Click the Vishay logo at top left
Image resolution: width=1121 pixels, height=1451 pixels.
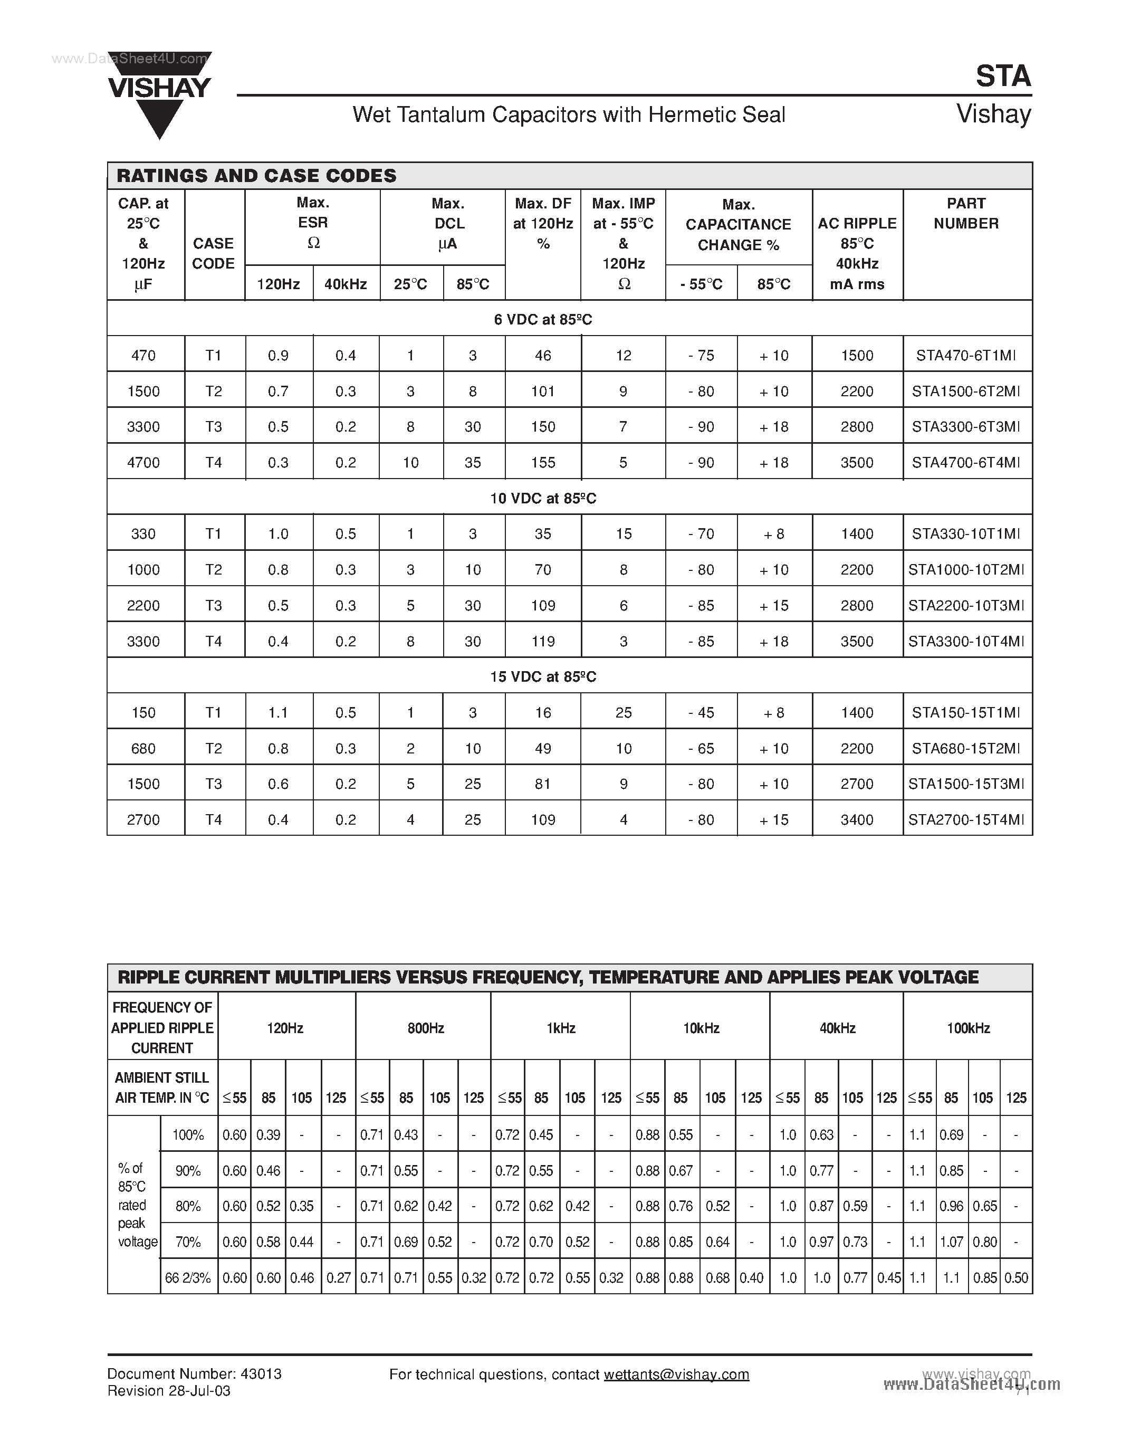[x=159, y=93]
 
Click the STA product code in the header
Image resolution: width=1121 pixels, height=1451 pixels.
[x=1003, y=77]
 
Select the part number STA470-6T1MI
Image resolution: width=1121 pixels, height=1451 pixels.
[x=966, y=356]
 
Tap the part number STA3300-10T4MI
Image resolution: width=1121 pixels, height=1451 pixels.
[x=966, y=641]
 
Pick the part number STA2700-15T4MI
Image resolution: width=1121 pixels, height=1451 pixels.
[x=966, y=820]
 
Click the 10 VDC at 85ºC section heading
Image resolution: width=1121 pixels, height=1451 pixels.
[x=543, y=498]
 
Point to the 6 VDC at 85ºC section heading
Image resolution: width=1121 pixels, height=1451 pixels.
[x=543, y=320]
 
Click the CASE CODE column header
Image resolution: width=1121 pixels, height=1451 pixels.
[x=213, y=253]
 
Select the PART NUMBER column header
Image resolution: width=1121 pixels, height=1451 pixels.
[x=966, y=213]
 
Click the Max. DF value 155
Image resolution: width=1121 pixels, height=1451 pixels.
[x=543, y=462]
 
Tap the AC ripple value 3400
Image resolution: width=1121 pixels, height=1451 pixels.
[x=857, y=820]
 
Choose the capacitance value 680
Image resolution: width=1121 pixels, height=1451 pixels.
[x=143, y=749]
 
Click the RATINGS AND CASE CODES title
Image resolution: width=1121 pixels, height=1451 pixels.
[x=256, y=176]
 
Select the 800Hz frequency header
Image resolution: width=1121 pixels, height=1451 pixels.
[x=426, y=1028]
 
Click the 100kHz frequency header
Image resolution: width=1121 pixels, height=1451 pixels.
[x=967, y=1028]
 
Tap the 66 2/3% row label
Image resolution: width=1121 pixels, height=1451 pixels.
[x=188, y=1277]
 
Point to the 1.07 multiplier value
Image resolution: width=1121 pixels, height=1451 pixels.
[x=951, y=1242]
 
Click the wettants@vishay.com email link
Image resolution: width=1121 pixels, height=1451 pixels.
[x=676, y=1374]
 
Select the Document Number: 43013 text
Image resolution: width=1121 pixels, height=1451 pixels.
[x=195, y=1374]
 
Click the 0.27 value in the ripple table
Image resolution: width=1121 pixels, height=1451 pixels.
[x=338, y=1277]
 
